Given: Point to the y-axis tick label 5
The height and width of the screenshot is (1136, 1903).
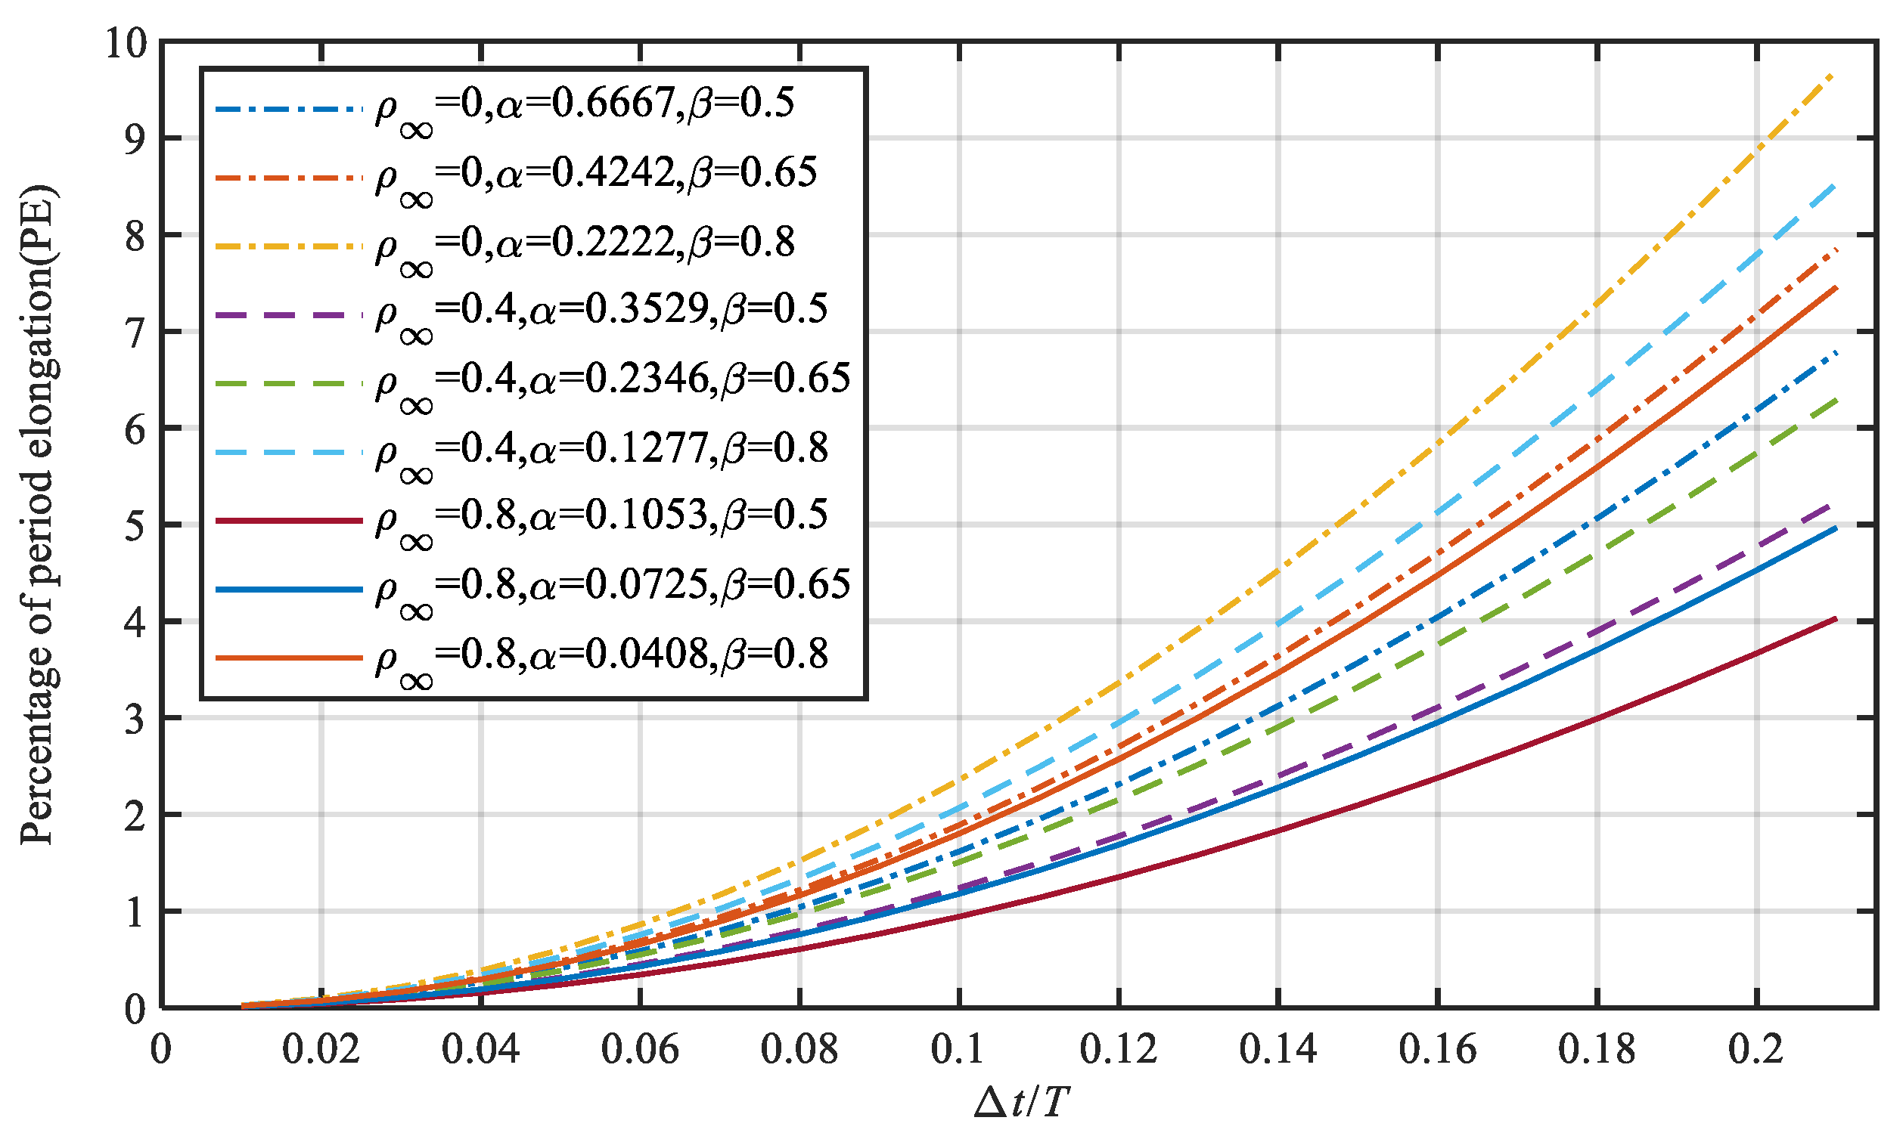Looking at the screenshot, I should click(x=135, y=527).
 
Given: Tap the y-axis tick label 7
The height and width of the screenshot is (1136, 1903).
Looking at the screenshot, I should click(x=135, y=334).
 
